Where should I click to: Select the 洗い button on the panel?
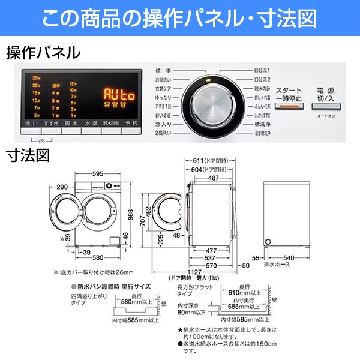point(31,123)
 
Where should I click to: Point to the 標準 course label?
point(163,71)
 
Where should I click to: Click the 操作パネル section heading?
point(43,53)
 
